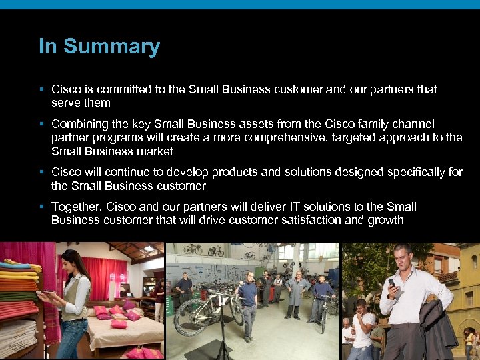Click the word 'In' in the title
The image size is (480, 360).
click(x=47, y=46)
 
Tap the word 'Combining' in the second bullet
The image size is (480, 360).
click(x=79, y=124)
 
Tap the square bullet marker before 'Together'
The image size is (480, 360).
click(x=41, y=207)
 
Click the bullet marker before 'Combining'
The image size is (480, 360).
click(x=41, y=124)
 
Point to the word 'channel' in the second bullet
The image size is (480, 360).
click(x=414, y=124)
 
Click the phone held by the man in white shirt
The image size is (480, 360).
click(x=392, y=283)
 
